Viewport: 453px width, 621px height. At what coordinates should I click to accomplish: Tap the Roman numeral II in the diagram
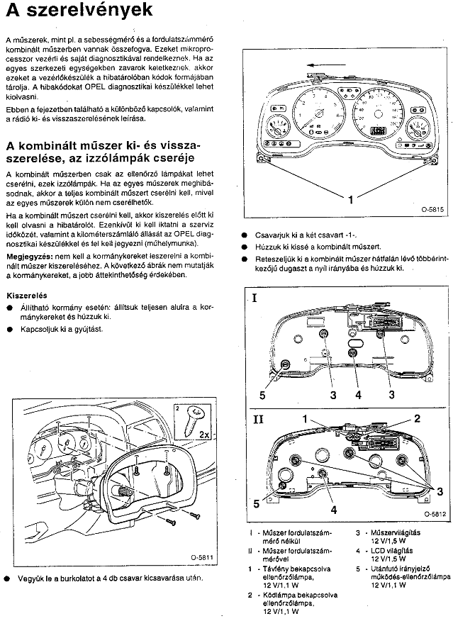coord(257,419)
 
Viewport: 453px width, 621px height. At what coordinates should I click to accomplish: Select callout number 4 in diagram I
coord(358,394)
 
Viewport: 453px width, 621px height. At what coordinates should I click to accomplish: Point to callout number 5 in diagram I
coord(262,395)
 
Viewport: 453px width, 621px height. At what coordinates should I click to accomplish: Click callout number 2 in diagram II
coord(418,419)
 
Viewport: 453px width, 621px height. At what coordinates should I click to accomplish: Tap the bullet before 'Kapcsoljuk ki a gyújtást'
coord(9,330)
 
